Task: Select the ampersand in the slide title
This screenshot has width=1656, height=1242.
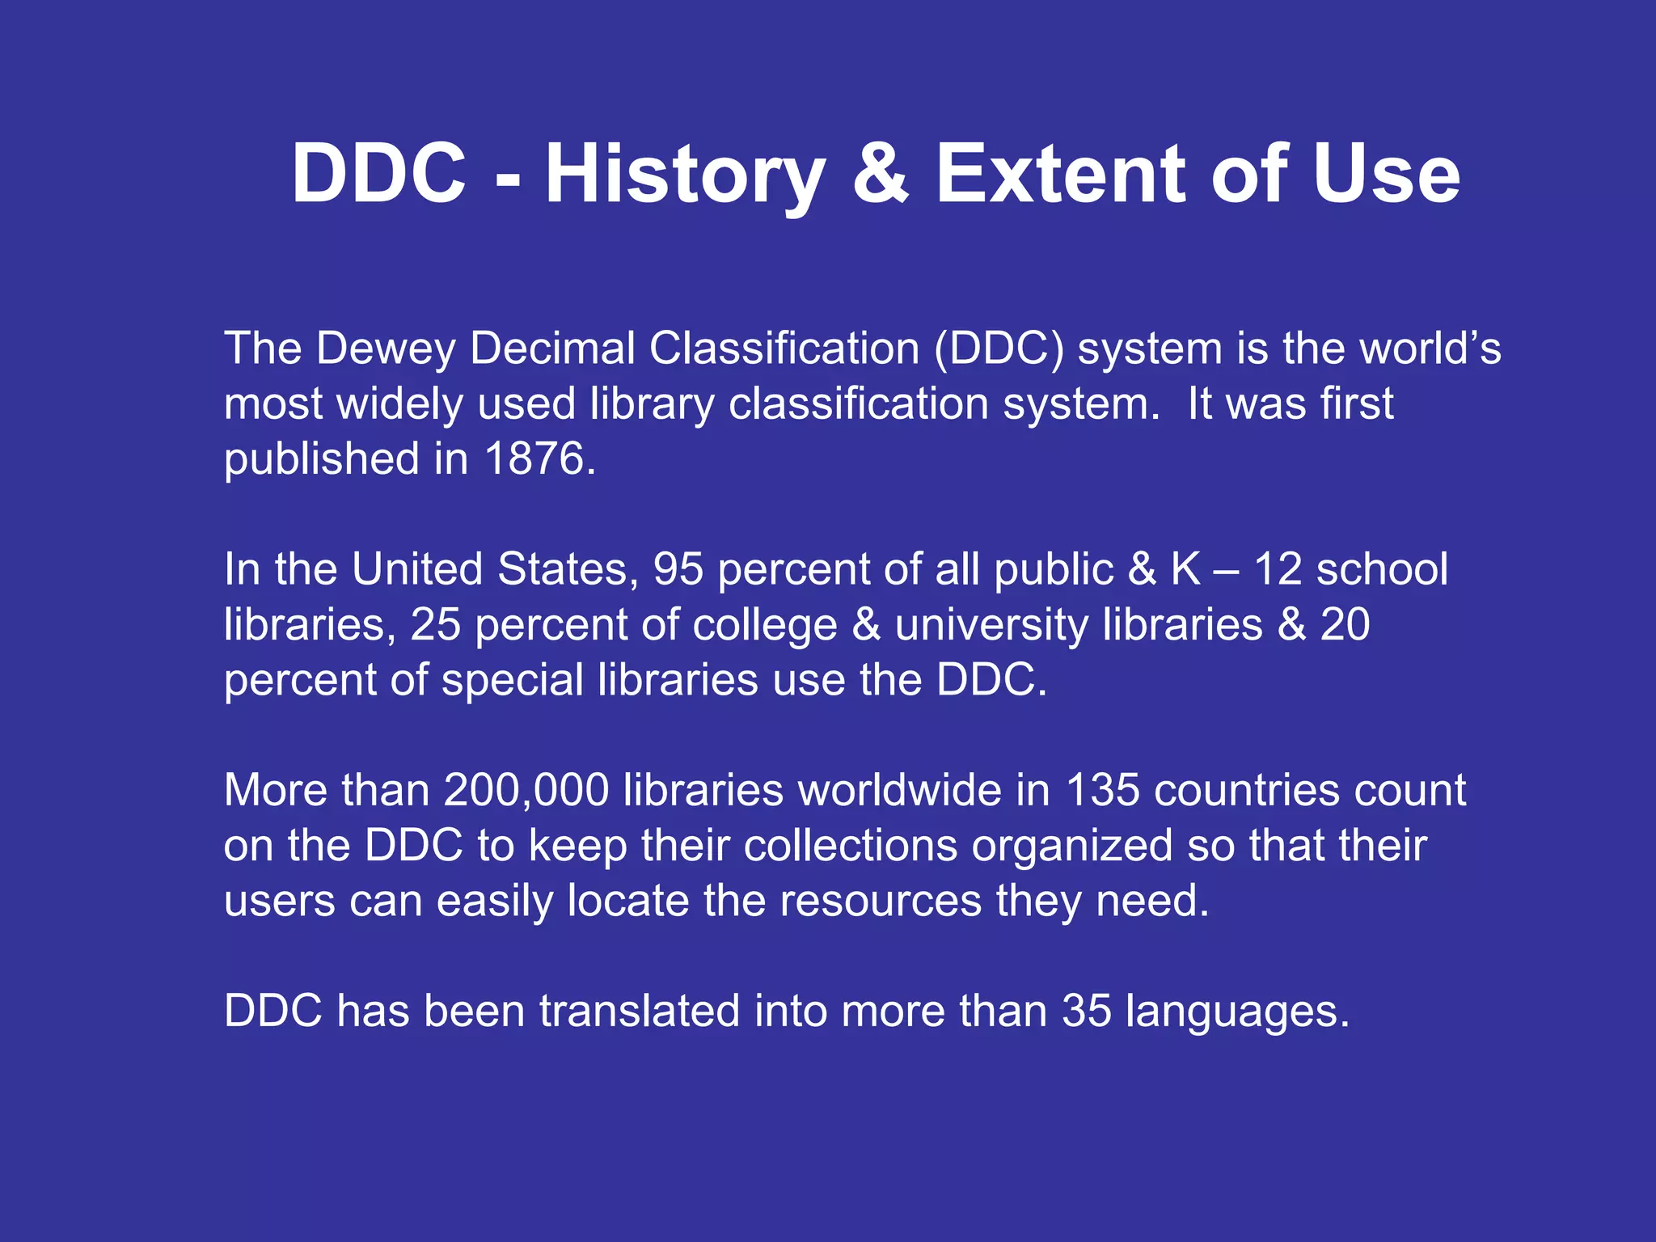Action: coord(881,175)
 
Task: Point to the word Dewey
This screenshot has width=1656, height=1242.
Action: coord(386,349)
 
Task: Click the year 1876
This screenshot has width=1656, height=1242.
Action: coord(534,458)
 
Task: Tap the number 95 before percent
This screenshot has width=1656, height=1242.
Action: coord(678,569)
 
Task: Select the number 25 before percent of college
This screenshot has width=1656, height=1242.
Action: coord(435,624)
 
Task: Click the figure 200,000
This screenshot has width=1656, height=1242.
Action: coord(526,790)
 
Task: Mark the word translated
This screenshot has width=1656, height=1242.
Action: coord(639,1011)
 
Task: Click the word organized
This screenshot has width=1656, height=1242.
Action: coord(1071,846)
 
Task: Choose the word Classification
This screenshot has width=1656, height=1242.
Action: coord(784,349)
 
